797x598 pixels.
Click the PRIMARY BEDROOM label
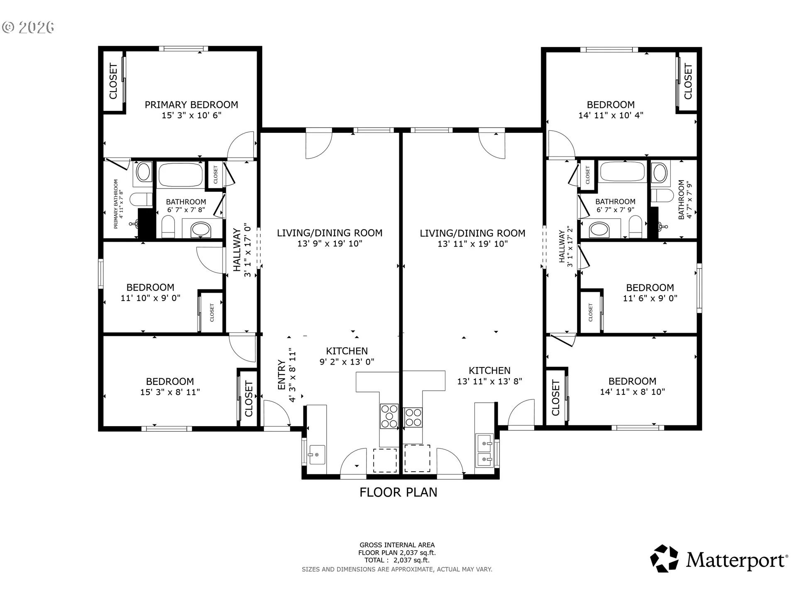tap(191, 105)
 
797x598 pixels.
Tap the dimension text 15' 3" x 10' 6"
tap(191, 115)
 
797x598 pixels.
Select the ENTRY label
tap(282, 375)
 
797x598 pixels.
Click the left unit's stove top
tap(389, 416)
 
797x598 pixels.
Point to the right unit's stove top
tap(413, 417)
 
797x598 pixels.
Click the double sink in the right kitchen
tap(485, 450)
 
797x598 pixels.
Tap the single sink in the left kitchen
tap(317, 454)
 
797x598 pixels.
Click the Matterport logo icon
tap(664, 559)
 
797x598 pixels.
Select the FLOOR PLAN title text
tap(398, 492)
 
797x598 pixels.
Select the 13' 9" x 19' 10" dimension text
tap(330, 243)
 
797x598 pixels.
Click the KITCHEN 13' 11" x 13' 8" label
tap(490, 376)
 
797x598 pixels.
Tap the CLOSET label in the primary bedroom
tap(113, 81)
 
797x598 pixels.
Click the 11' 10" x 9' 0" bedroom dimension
tap(150, 298)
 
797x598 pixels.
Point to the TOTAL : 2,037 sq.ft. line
tap(397, 560)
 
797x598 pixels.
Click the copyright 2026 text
tap(28, 27)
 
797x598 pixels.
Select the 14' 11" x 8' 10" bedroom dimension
tap(633, 392)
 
